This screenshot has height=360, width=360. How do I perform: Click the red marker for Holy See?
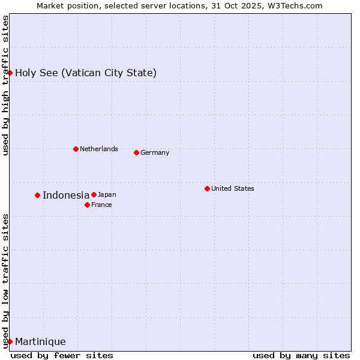10,73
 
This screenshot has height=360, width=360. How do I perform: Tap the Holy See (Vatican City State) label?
86,73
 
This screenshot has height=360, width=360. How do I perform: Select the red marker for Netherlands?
76,149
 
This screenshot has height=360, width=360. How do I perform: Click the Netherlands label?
99,149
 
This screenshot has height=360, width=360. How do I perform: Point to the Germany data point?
136,152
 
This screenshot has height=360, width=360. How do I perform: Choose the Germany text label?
155,152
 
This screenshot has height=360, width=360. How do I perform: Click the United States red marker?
207,188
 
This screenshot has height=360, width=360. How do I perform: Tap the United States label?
233,188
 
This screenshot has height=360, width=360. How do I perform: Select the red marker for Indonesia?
37,195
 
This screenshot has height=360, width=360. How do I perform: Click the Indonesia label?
66,195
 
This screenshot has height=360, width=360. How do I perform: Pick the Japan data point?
94,194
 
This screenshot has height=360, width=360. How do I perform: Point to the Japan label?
107,194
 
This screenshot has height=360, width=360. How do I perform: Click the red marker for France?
87,205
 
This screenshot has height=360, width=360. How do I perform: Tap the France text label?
101,205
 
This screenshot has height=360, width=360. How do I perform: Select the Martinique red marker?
10,341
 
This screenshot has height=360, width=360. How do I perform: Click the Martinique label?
40,342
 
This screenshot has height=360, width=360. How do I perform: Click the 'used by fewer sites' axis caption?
62,355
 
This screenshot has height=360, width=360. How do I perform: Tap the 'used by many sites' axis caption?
301,355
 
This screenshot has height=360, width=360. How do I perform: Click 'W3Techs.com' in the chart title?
293,5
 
